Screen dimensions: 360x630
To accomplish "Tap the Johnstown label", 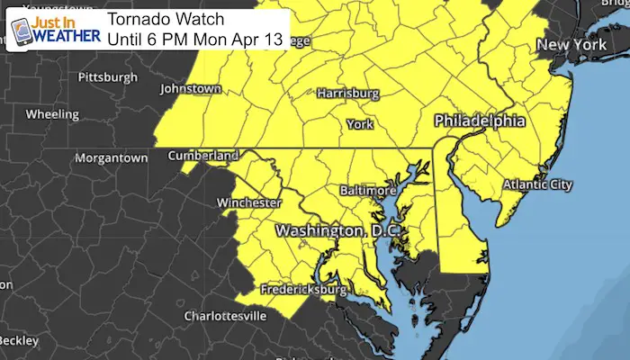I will [x=190, y=89].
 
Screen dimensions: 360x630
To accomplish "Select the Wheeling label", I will [x=54, y=114].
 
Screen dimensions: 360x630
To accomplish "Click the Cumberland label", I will [x=203, y=155].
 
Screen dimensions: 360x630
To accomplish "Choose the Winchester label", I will [x=249, y=202].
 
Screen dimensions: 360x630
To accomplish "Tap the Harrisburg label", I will [x=347, y=94].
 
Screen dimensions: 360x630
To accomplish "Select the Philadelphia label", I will [x=480, y=120].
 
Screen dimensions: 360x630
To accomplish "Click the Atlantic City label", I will [x=536, y=184].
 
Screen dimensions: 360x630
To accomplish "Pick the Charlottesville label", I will [x=224, y=317].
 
